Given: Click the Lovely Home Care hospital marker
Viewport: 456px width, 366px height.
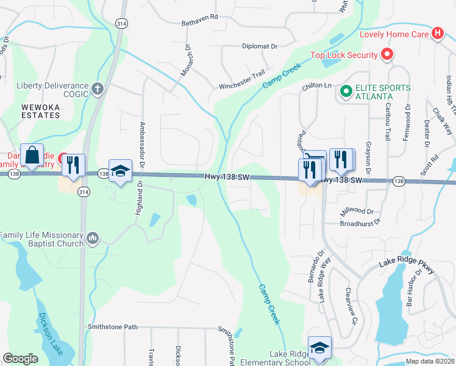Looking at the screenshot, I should (437, 34).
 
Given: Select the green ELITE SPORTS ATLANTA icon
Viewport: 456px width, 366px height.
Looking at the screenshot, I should (346, 92).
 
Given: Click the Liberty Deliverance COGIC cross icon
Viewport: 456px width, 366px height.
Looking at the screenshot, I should (96, 90).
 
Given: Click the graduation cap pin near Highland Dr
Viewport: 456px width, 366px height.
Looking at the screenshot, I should (121, 171).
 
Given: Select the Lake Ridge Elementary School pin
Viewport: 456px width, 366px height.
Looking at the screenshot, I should (319, 348).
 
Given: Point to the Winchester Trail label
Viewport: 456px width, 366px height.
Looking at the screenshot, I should (242, 87).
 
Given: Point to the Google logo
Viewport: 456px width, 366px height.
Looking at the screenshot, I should (21, 359).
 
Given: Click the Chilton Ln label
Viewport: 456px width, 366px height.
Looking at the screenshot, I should (316, 87).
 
